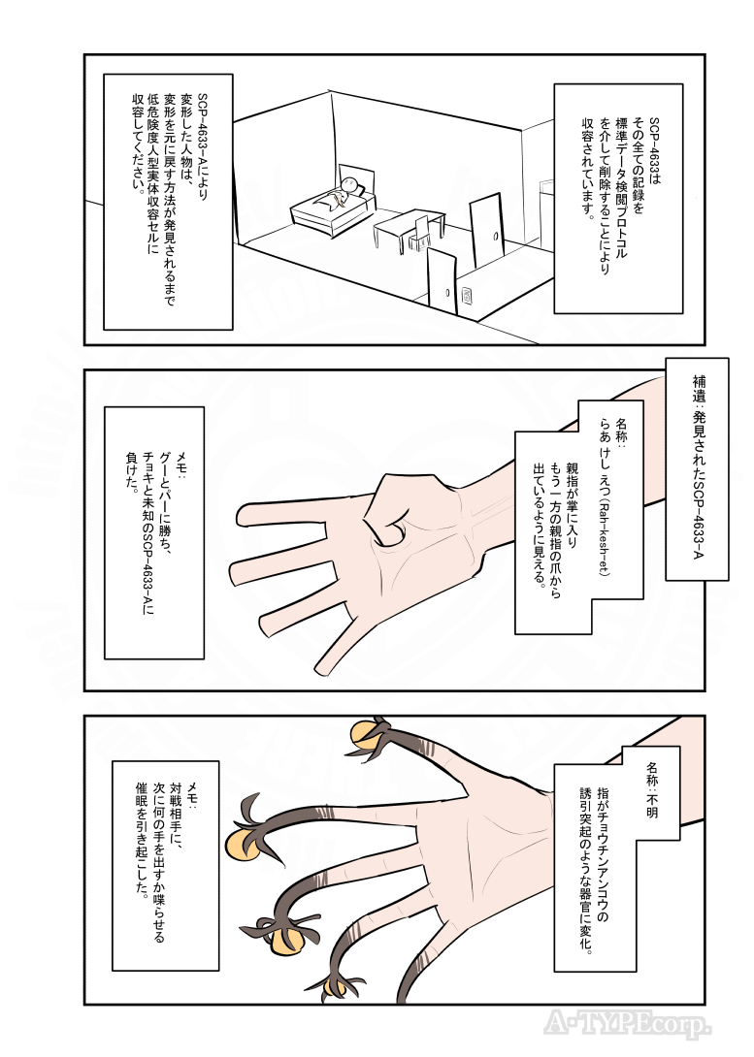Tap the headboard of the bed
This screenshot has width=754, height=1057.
359,177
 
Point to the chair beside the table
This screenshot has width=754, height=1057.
419,233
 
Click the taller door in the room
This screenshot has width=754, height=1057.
486,229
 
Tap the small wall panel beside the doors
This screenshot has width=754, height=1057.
467,294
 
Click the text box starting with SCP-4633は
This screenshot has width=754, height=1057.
617,197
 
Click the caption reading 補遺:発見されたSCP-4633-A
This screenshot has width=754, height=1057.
697,468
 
